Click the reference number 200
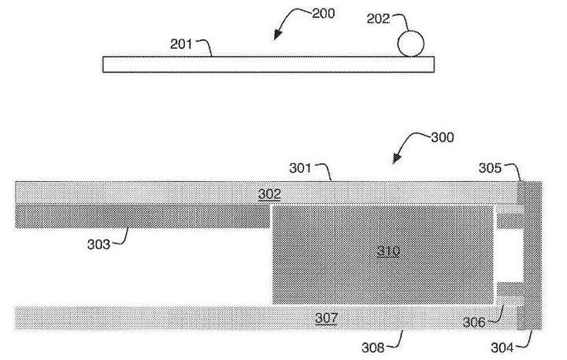(324, 13)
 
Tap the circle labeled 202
(410, 43)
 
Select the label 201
(181, 44)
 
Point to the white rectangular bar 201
(269, 65)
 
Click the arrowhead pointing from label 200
(277, 35)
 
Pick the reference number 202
(378, 19)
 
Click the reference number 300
(443, 138)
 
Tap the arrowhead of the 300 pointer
(397, 158)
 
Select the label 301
(300, 168)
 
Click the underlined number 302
(269, 194)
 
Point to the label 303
(98, 244)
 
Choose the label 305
(490, 168)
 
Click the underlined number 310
(389, 251)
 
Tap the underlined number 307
(326, 318)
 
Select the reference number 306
(474, 322)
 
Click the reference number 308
(372, 347)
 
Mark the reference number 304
(502, 347)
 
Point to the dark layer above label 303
(143, 217)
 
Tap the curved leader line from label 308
(398, 340)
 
